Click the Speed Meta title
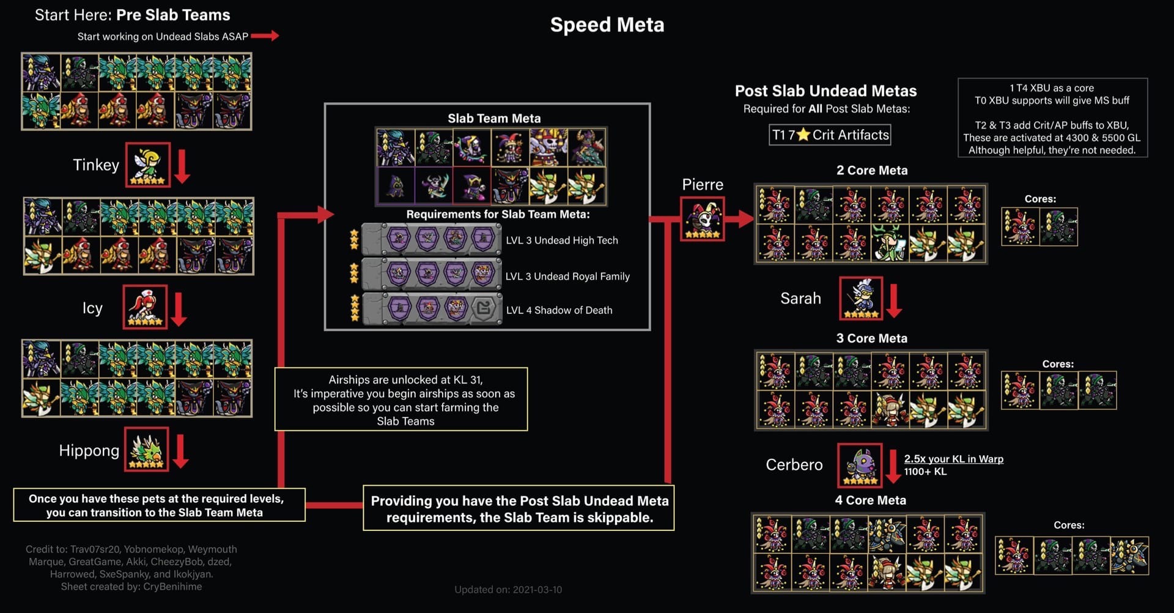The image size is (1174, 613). (x=607, y=25)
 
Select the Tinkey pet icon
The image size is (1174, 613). (x=147, y=165)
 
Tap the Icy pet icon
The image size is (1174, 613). (x=145, y=306)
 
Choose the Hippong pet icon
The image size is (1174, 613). (x=147, y=449)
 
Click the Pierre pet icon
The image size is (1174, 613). (x=703, y=218)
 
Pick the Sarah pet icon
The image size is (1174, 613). (x=860, y=298)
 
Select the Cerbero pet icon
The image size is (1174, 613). (x=860, y=465)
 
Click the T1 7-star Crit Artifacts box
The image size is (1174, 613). (x=830, y=135)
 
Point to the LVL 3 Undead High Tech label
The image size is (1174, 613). (x=561, y=240)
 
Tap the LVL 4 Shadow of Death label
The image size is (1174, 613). (x=559, y=310)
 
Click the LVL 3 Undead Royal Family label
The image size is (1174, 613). (x=567, y=277)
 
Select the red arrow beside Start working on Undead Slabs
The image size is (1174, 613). (x=265, y=36)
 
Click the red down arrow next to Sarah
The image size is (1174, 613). (x=894, y=300)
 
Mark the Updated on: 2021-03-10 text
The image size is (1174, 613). (x=508, y=590)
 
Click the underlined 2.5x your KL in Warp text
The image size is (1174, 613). (x=953, y=459)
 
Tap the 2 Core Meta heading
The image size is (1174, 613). (x=872, y=171)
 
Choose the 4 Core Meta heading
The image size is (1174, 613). (x=870, y=500)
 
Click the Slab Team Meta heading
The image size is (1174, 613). (x=494, y=118)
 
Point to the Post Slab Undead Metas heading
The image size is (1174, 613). (x=825, y=91)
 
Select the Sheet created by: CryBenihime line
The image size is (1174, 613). (x=131, y=587)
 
